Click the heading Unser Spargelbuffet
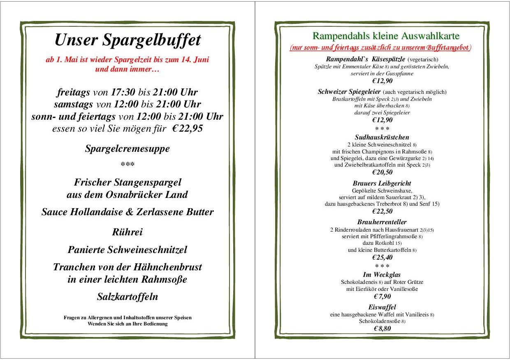pos(128,40)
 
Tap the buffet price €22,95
pos(188,128)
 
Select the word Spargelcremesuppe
pos(128,149)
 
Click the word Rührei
pos(128,232)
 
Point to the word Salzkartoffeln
pos(128,296)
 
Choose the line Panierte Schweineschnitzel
pos(128,250)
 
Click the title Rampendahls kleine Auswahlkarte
pos(386,36)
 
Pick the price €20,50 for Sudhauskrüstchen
pos(382,172)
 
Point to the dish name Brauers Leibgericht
pos(382,183)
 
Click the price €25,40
pos(382,258)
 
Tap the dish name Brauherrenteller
pos(382,222)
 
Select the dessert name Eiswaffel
pos(382,307)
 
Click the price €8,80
pos(382,328)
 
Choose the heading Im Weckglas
pos(382,274)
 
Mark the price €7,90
pos(382,296)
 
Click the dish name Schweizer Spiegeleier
pos(349,92)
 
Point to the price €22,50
pos(382,211)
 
